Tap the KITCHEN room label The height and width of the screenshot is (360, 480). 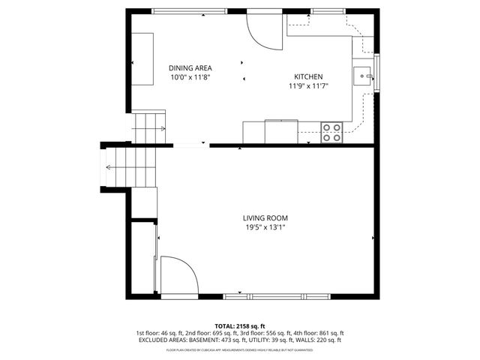click(x=307, y=77)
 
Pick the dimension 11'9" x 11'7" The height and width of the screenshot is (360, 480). click(x=308, y=86)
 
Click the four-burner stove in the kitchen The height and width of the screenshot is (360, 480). click(x=331, y=133)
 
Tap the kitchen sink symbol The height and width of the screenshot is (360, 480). click(x=363, y=75)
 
